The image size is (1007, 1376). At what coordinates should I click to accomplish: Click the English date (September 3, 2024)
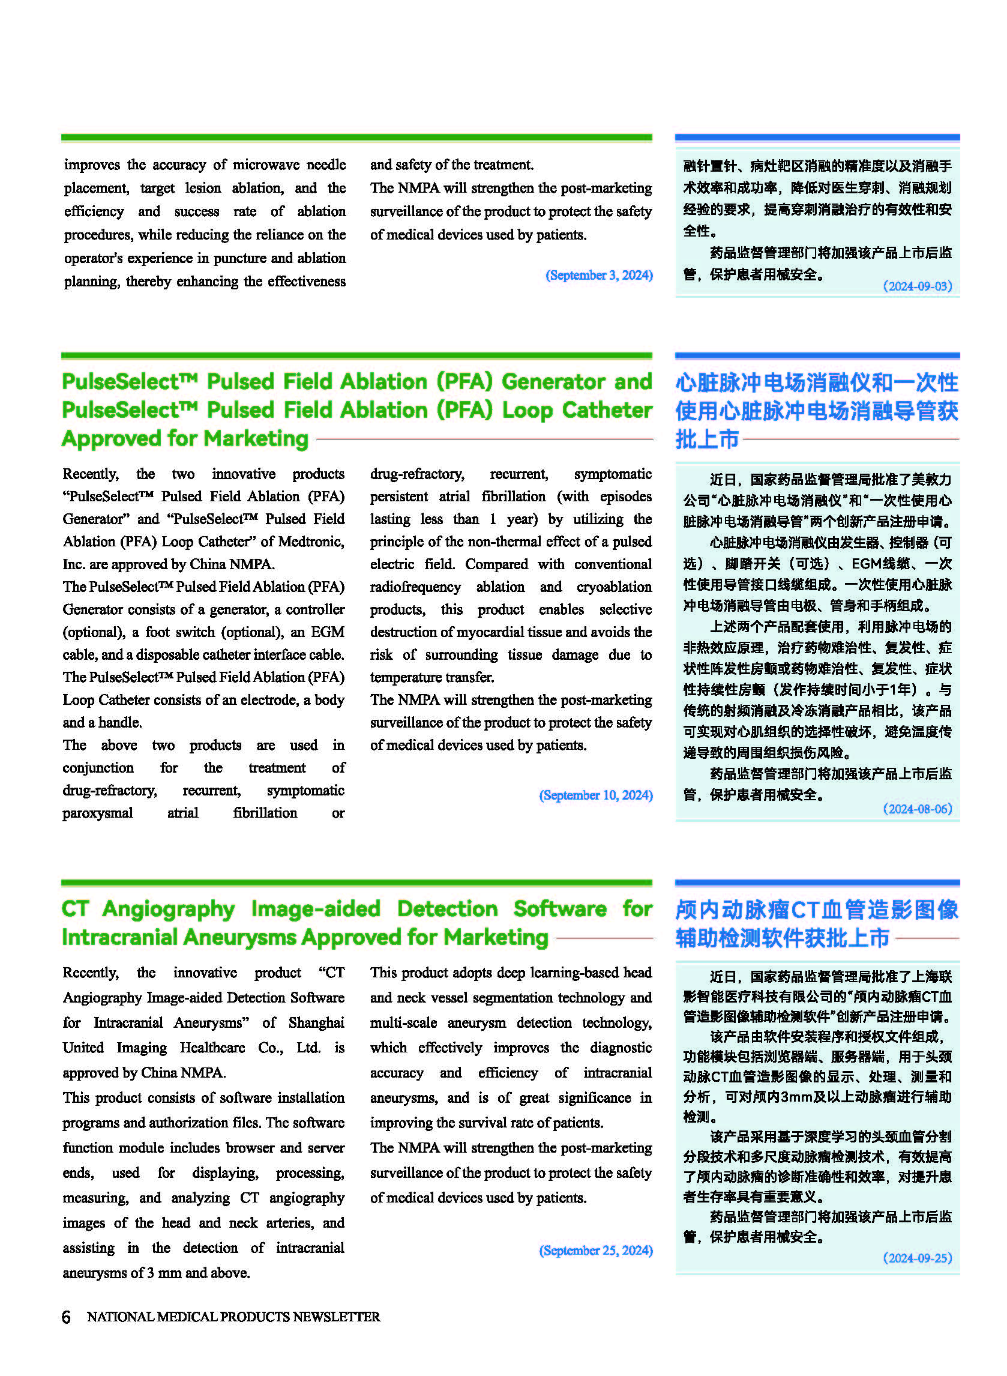[x=598, y=275]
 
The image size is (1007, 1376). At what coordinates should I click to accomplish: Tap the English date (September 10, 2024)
[x=595, y=795]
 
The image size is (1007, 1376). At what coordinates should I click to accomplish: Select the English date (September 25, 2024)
[x=595, y=1250]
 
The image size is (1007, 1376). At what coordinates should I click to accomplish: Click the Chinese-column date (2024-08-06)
[x=917, y=809]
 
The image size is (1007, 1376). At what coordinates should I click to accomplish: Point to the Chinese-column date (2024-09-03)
[x=917, y=286]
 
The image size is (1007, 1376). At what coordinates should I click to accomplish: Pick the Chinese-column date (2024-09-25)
[x=917, y=1258]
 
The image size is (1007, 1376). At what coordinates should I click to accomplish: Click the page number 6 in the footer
[x=66, y=1317]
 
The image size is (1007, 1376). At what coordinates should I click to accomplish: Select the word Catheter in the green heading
[x=607, y=410]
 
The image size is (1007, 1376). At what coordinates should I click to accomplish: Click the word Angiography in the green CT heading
[x=168, y=908]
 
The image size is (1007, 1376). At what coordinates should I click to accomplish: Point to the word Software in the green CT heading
[x=559, y=908]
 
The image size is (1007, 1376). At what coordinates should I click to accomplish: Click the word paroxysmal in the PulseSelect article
[x=98, y=813]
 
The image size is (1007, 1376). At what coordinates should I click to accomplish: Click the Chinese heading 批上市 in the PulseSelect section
[x=706, y=439]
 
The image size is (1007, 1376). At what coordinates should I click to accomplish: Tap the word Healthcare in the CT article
[x=212, y=1048]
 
